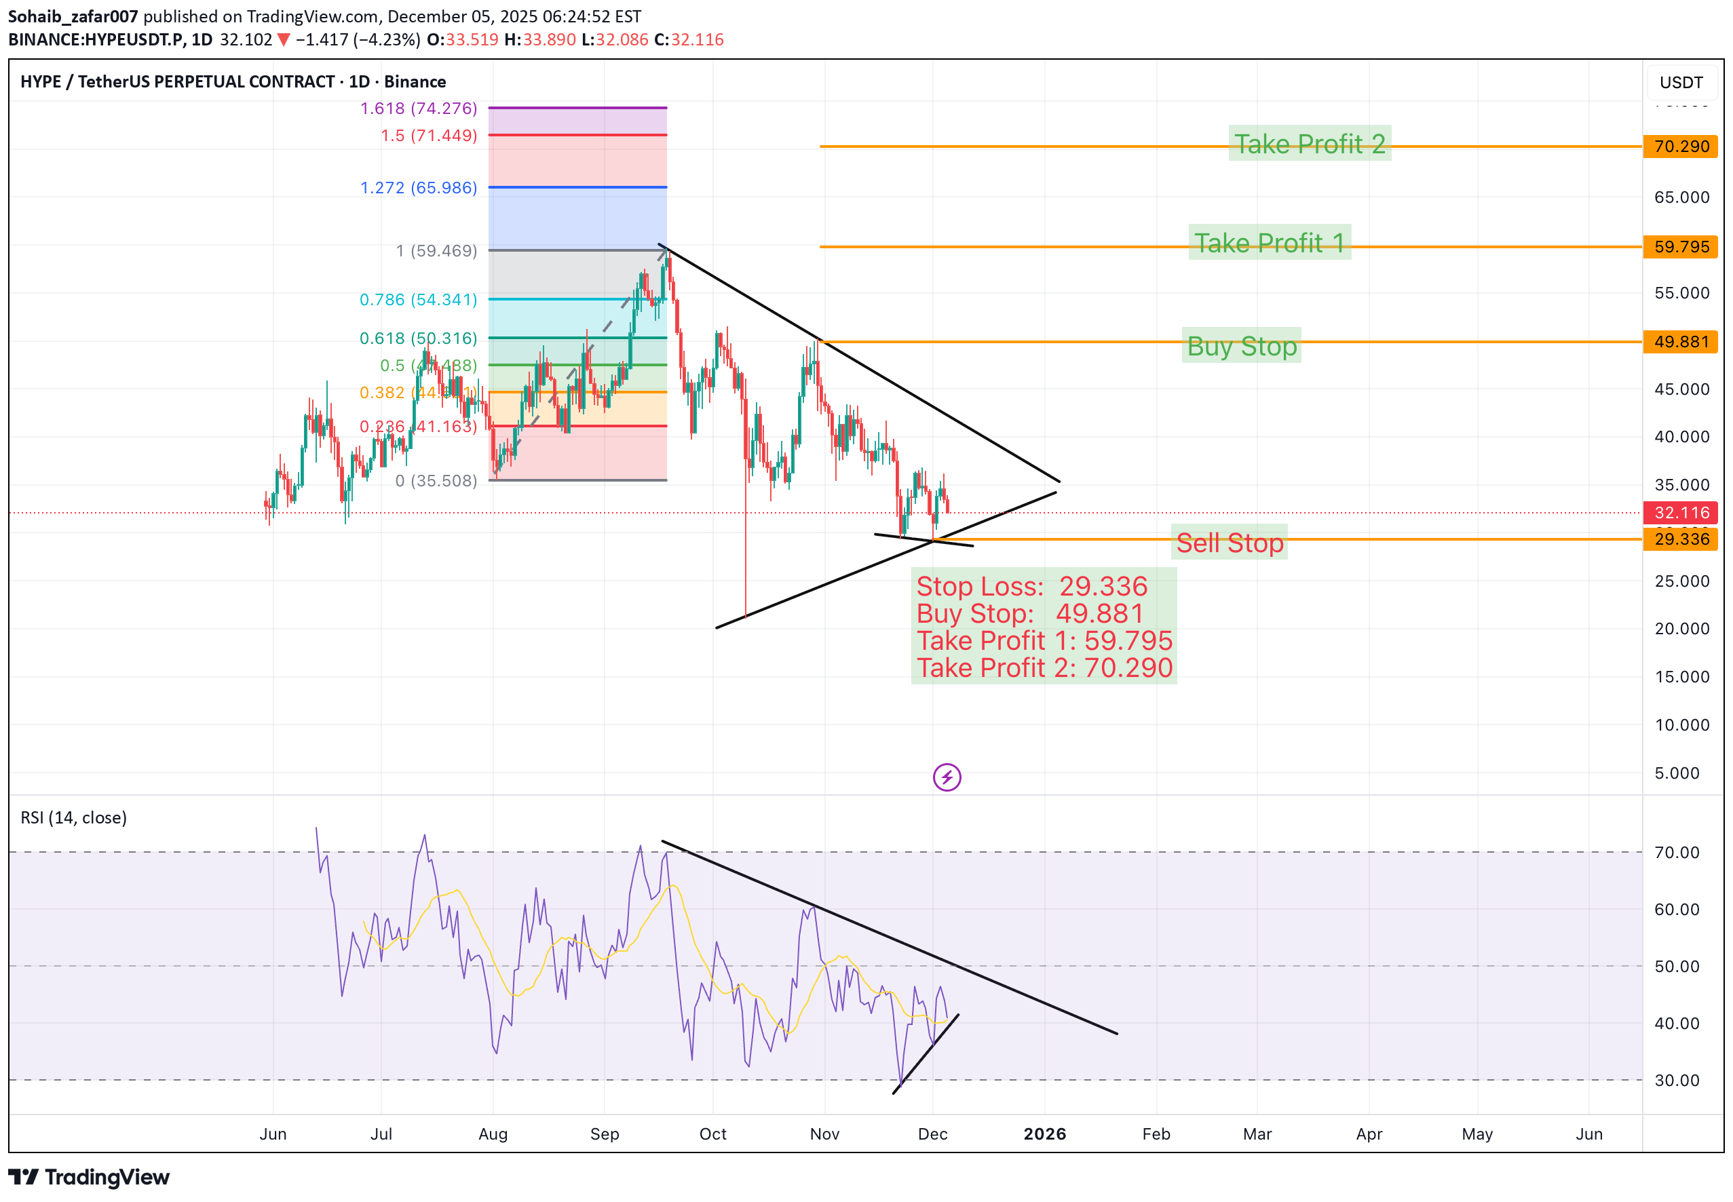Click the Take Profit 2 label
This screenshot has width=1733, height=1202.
point(1309,143)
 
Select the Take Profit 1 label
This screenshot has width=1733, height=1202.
point(1269,243)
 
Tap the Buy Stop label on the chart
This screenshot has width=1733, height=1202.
point(1241,346)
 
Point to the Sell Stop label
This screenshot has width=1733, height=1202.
point(1229,542)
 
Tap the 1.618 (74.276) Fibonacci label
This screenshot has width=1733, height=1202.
point(419,109)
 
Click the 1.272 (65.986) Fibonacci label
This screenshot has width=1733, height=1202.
point(419,187)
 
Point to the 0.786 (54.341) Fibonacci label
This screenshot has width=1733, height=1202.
point(419,300)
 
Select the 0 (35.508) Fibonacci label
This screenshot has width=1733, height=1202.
point(436,480)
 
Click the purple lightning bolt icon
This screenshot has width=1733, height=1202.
point(947,777)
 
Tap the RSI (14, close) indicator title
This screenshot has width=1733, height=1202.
point(74,818)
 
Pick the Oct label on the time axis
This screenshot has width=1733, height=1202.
point(712,1134)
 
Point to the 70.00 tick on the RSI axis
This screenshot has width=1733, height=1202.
point(1677,853)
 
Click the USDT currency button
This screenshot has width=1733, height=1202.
point(1681,82)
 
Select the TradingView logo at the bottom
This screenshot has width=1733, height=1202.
point(89,1177)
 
